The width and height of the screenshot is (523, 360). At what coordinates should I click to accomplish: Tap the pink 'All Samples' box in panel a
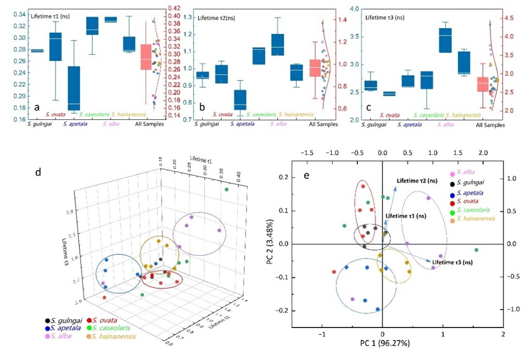[146, 57]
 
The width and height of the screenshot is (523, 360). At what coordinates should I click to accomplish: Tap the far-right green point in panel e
[477, 250]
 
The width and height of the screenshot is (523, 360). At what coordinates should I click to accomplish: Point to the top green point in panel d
[226, 190]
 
